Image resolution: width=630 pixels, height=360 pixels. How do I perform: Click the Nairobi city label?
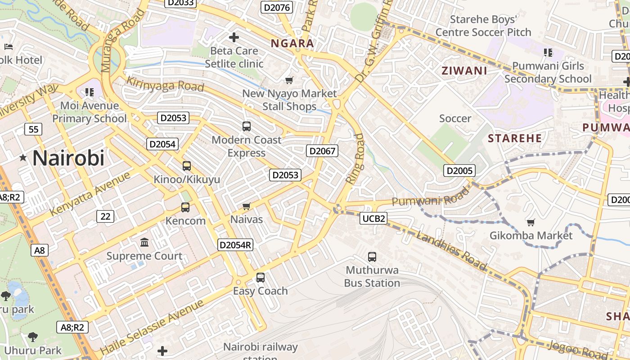coord(68,158)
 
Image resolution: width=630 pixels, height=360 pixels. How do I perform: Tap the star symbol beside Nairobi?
coord(23,158)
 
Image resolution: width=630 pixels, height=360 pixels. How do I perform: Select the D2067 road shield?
coord(322,151)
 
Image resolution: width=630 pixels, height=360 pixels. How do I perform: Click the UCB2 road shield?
coord(373,219)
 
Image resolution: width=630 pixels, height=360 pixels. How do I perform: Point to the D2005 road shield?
coord(459,170)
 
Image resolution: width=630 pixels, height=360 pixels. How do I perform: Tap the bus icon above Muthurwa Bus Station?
coord(372,257)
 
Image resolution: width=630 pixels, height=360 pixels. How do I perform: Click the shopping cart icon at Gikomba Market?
coord(531,222)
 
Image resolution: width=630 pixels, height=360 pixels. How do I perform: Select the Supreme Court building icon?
coord(144,243)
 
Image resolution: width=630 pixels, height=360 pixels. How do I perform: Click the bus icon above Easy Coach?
coord(260,278)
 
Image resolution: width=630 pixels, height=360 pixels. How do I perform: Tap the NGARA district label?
coord(292,44)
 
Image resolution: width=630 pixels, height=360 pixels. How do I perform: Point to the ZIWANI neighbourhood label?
coord(464,71)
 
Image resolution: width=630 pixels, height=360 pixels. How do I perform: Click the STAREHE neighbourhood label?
coord(515,138)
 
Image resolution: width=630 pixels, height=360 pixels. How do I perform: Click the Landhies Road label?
coord(451,251)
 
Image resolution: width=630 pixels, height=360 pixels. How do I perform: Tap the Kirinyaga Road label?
coord(165,84)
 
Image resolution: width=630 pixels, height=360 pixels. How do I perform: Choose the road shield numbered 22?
coord(105,216)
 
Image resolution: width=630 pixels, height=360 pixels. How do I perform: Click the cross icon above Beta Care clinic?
coord(234,37)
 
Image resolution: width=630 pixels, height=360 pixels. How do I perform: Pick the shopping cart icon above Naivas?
coord(246,207)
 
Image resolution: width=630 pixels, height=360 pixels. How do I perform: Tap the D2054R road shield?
coord(235,245)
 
